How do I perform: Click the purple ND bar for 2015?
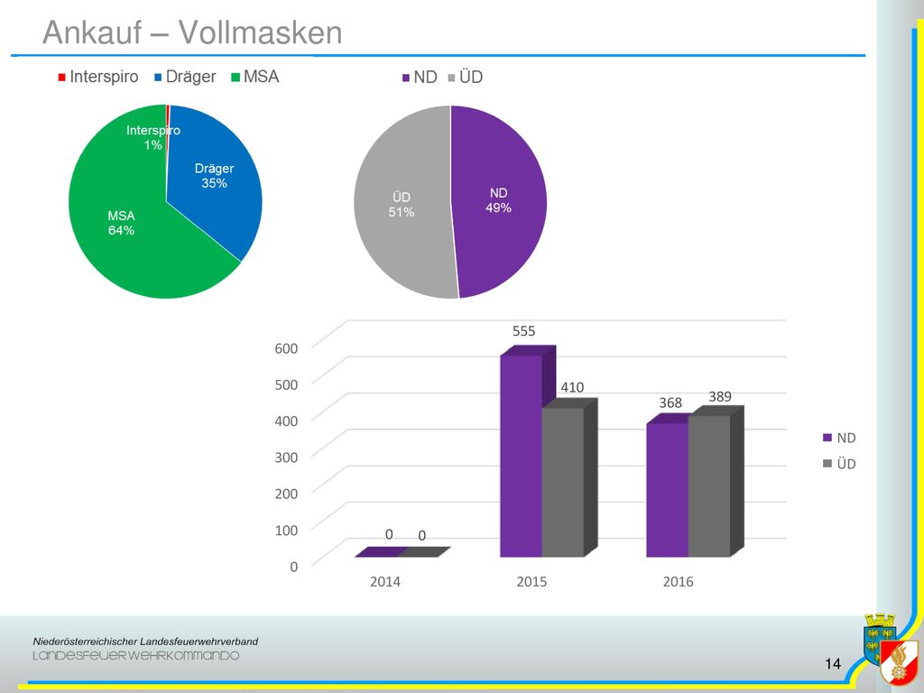point(522,455)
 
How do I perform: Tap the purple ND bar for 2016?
point(668,489)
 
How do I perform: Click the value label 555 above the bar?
point(524,331)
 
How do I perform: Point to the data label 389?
point(720,397)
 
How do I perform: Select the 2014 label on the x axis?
point(384,582)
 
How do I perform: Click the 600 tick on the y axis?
point(286,348)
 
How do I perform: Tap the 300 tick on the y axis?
point(286,457)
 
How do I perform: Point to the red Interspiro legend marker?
point(62,78)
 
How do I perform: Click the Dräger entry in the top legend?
point(185,78)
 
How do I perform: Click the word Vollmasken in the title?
point(261,32)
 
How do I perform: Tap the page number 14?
point(833,664)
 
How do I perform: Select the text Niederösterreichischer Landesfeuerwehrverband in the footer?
point(145,642)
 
